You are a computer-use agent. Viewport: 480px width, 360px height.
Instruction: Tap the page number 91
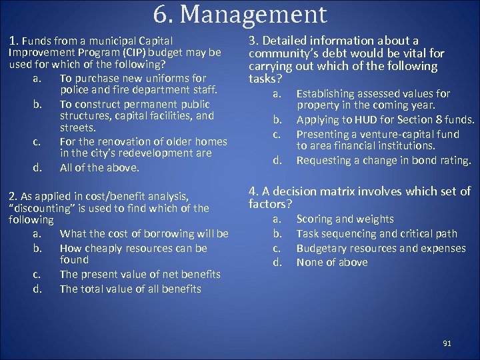point(447,343)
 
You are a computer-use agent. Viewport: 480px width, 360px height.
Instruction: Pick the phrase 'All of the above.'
point(99,167)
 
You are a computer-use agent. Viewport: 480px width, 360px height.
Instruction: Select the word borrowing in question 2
point(176,233)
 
